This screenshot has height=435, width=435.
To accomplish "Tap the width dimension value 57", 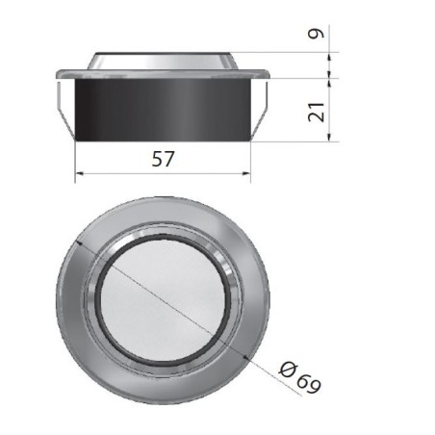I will [163, 160].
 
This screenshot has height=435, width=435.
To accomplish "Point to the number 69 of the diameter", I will [306, 378].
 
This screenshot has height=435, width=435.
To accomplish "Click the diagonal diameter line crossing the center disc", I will [164, 298].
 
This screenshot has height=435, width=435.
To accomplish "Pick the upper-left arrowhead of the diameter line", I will [82, 243].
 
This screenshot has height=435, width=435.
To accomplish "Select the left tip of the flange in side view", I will [57, 74].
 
